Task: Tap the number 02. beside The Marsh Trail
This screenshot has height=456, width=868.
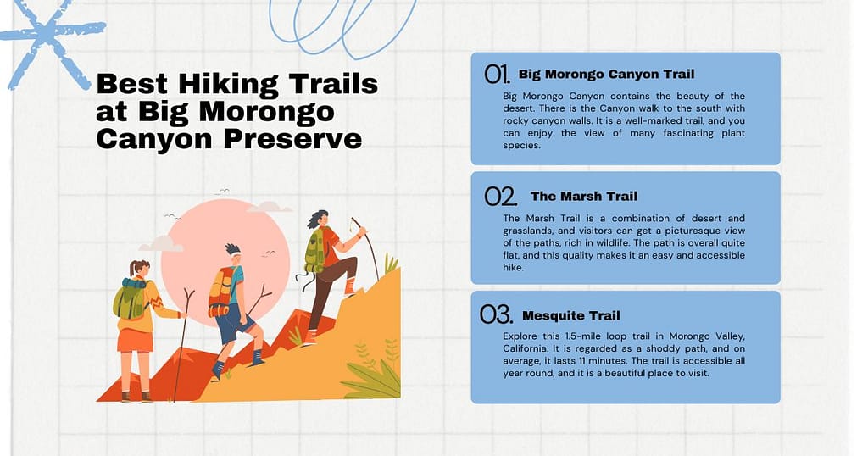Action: tap(500, 197)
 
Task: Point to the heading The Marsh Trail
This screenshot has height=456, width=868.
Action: tap(583, 196)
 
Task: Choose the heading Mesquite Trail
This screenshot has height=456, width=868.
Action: tap(570, 315)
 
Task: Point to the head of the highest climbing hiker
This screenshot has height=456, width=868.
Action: tap(319, 220)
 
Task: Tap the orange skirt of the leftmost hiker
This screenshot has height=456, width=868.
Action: tap(136, 340)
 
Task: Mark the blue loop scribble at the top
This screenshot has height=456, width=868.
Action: tap(339, 25)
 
